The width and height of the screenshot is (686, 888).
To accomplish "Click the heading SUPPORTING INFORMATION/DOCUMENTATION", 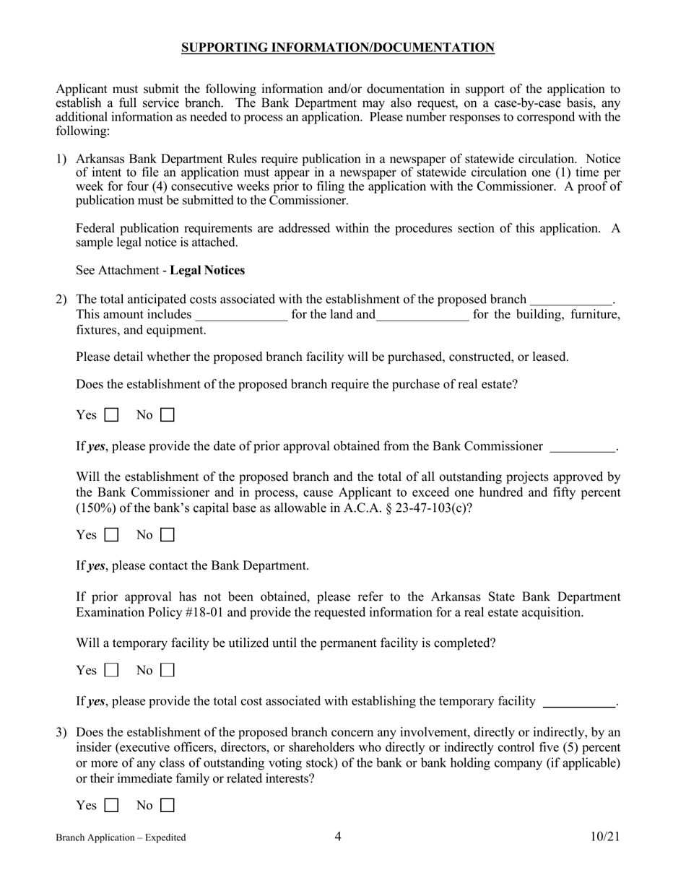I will (337, 48).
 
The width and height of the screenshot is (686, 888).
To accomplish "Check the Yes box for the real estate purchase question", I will (111, 415).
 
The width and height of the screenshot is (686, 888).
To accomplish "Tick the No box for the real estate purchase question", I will (167, 415).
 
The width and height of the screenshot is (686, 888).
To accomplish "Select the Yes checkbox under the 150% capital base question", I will (111, 536).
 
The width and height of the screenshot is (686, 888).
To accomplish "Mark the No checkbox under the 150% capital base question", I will (167, 536).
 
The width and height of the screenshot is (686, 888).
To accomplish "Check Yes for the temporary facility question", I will (111, 671).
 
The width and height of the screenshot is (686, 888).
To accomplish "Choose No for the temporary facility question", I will (167, 671).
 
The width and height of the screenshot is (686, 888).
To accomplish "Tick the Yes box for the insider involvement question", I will (111, 805).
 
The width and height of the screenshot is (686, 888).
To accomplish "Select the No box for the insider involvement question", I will (167, 805).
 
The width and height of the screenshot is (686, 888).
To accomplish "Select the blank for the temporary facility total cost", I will (578, 702).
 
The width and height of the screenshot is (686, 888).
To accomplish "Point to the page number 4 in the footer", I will (338, 837).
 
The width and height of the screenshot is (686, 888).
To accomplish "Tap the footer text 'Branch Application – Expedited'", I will (121, 837).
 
